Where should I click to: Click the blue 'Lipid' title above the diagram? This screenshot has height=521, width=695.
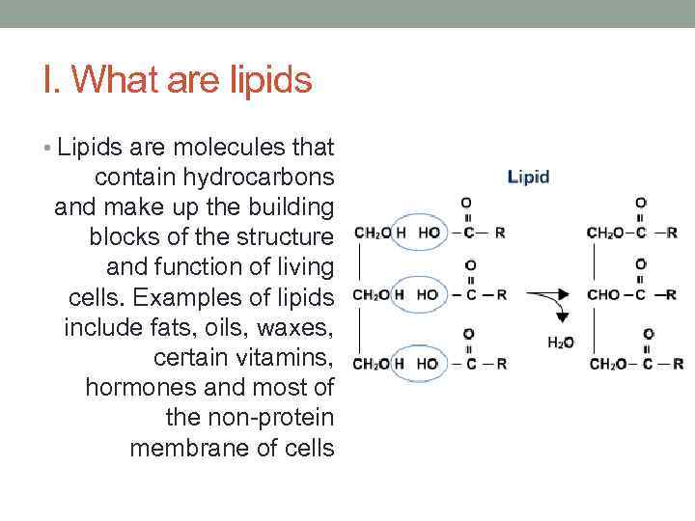528,177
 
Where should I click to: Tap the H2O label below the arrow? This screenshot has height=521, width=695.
561,342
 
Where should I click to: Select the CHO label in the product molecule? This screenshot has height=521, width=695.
603,294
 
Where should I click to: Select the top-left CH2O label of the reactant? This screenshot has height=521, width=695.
372,233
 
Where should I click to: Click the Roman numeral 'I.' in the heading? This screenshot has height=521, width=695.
53,81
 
